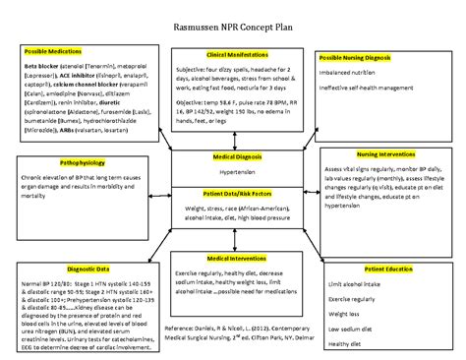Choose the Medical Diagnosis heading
pyautogui.click(x=232, y=155)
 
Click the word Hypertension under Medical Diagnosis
pyautogui.click(x=232, y=171)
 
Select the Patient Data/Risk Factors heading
pyautogui.click(x=232, y=193)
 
